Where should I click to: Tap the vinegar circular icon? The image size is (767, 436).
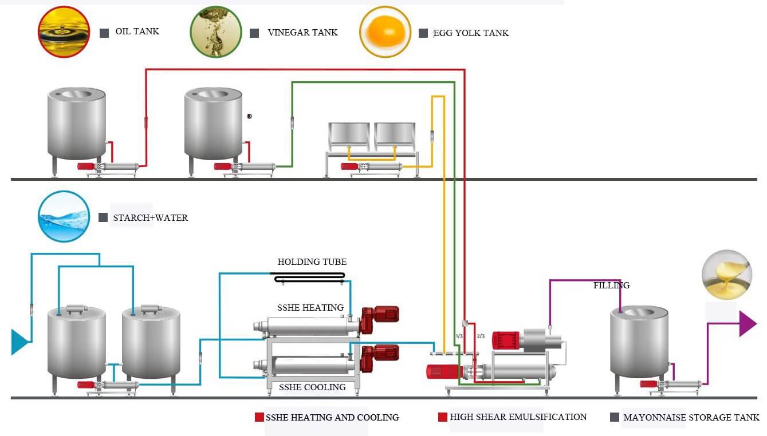(x=216, y=32)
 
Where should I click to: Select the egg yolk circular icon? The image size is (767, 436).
(x=385, y=32)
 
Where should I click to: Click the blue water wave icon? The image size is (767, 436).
(x=64, y=216)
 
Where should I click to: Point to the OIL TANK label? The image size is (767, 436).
(x=137, y=31)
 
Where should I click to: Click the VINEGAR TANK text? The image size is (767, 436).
(x=302, y=33)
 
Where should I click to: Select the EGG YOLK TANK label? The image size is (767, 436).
(x=471, y=33)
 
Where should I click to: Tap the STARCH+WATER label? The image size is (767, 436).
(x=150, y=218)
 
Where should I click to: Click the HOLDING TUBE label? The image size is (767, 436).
(x=312, y=262)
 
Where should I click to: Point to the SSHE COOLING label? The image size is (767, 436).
(x=312, y=387)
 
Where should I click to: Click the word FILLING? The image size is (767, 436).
(x=611, y=286)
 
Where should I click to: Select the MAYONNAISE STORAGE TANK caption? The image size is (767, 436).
(x=691, y=418)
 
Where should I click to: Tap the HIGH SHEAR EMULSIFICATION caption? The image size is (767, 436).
(x=518, y=417)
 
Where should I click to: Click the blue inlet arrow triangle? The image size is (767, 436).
(x=19, y=342)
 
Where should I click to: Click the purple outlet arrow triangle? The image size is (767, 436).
(x=748, y=323)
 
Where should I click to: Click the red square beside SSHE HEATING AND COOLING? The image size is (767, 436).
(x=259, y=418)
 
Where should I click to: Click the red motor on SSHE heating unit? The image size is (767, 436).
(x=380, y=315)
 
